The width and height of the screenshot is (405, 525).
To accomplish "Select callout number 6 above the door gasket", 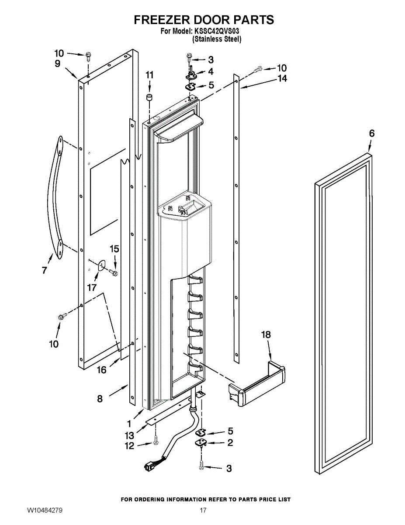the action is [372, 133].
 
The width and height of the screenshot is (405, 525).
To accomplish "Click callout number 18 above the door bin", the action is [266, 335].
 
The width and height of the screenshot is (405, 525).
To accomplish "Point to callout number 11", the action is [149, 75].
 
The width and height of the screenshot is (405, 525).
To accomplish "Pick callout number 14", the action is [282, 78].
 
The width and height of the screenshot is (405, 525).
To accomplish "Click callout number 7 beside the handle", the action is [45, 270].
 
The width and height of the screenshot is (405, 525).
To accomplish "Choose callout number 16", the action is [102, 370].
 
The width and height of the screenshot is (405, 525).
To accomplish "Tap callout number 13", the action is [129, 435].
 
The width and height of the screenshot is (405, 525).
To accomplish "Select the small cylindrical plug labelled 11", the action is [149, 98].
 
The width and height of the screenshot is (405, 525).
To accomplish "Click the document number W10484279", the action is [45, 510].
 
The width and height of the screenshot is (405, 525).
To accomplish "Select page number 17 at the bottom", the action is [203, 510].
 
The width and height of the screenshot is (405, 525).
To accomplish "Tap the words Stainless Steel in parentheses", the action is [217, 39].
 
